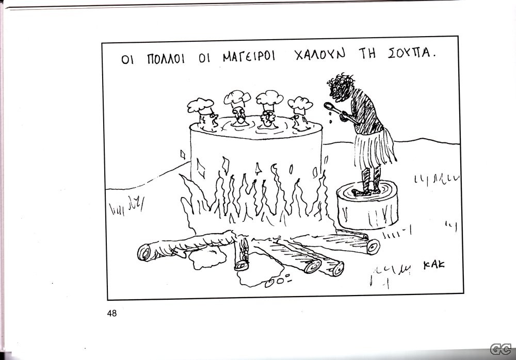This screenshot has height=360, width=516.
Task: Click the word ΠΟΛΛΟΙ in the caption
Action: click(166, 59)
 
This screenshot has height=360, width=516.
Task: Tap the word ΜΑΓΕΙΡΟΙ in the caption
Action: click(249, 56)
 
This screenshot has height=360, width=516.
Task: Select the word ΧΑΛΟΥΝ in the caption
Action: click(320, 54)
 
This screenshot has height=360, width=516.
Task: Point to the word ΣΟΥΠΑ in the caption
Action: click(411, 53)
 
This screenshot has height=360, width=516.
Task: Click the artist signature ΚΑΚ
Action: click(434, 265)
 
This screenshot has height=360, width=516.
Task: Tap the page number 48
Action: click(112, 313)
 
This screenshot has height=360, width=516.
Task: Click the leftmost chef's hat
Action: click(200, 106)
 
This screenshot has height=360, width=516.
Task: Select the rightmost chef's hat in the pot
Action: click(300, 105)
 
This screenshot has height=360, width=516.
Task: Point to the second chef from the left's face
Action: click(239, 116)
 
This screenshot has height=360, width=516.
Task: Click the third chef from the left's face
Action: click(268, 119)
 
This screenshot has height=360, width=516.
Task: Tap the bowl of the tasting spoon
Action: click(329, 106)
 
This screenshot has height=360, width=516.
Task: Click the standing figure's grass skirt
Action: click(375, 149)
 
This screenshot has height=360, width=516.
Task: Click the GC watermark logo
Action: click(501, 349)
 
